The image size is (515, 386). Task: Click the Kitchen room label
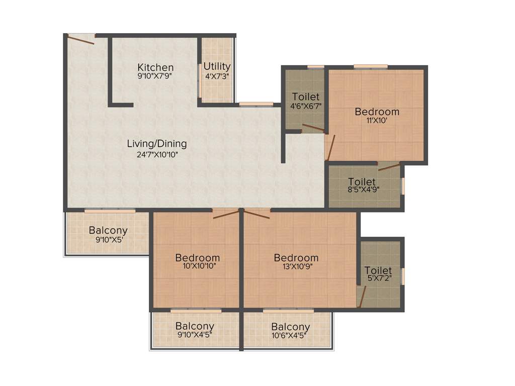155,67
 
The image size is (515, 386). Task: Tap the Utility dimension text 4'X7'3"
217,76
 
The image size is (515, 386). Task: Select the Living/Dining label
156,144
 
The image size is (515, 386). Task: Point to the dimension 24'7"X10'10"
156,155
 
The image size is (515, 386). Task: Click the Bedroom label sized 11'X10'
377,112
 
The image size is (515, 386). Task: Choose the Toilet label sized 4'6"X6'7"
306,96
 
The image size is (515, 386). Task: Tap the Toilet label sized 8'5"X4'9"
362,181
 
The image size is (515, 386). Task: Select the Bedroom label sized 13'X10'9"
296,258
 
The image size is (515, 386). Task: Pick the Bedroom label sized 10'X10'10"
197,258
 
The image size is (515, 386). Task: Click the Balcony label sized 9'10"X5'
108,231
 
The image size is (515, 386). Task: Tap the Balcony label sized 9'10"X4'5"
195,326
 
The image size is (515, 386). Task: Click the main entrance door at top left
81,39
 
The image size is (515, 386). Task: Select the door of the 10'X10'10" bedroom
226,214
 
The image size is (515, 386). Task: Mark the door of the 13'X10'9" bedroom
257,213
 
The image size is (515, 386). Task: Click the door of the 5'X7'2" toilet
361,296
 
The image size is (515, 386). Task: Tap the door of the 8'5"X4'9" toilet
389,166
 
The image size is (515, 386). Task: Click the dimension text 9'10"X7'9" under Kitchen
155,77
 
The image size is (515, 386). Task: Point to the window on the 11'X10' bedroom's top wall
370,66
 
